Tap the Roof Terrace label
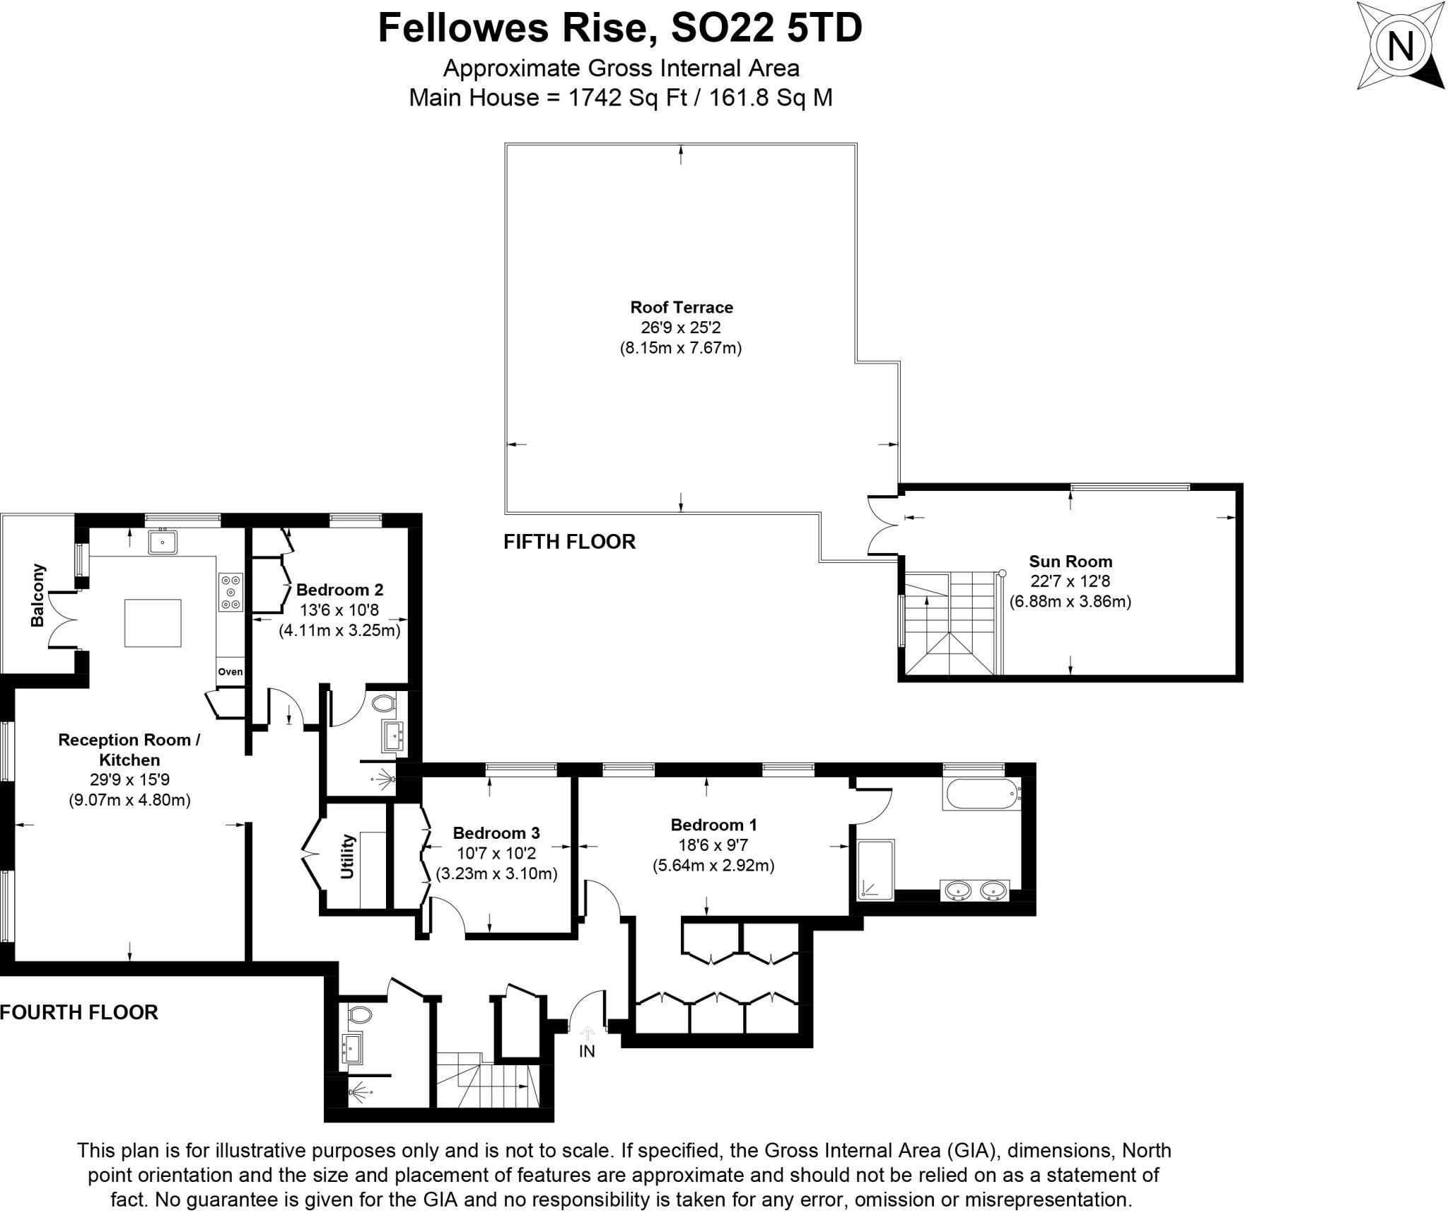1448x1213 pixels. coord(682,307)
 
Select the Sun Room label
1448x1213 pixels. coord(1070,561)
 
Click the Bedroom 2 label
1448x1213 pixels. coord(339,589)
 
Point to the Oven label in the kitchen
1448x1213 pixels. coord(230,671)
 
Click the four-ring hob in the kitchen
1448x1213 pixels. coord(231,591)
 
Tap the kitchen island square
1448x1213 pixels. coord(153,622)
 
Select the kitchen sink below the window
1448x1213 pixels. coord(163,542)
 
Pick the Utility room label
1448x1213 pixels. coord(347,857)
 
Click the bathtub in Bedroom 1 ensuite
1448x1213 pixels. coord(982,795)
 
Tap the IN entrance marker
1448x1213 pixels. coord(587,1050)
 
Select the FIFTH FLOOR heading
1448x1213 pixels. coord(569,541)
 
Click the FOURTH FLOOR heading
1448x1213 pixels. coord(79,1012)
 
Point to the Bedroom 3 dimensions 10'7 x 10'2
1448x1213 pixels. coord(496,853)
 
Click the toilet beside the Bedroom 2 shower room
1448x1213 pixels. coord(383,703)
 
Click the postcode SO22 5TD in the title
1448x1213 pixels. coord(766,28)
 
